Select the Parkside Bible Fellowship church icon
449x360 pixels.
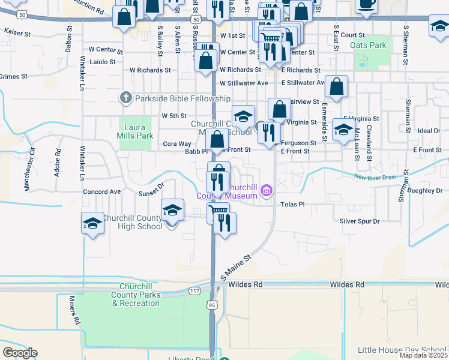click(x=125, y=97)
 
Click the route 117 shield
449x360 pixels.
click(x=193, y=291)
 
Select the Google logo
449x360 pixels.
click(x=20, y=352)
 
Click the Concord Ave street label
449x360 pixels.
click(x=101, y=191)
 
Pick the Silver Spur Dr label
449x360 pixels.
click(x=360, y=221)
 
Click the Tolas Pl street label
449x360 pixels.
click(x=292, y=204)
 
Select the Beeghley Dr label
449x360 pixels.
click(x=427, y=190)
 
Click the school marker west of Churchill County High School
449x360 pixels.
click(x=92, y=224)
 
